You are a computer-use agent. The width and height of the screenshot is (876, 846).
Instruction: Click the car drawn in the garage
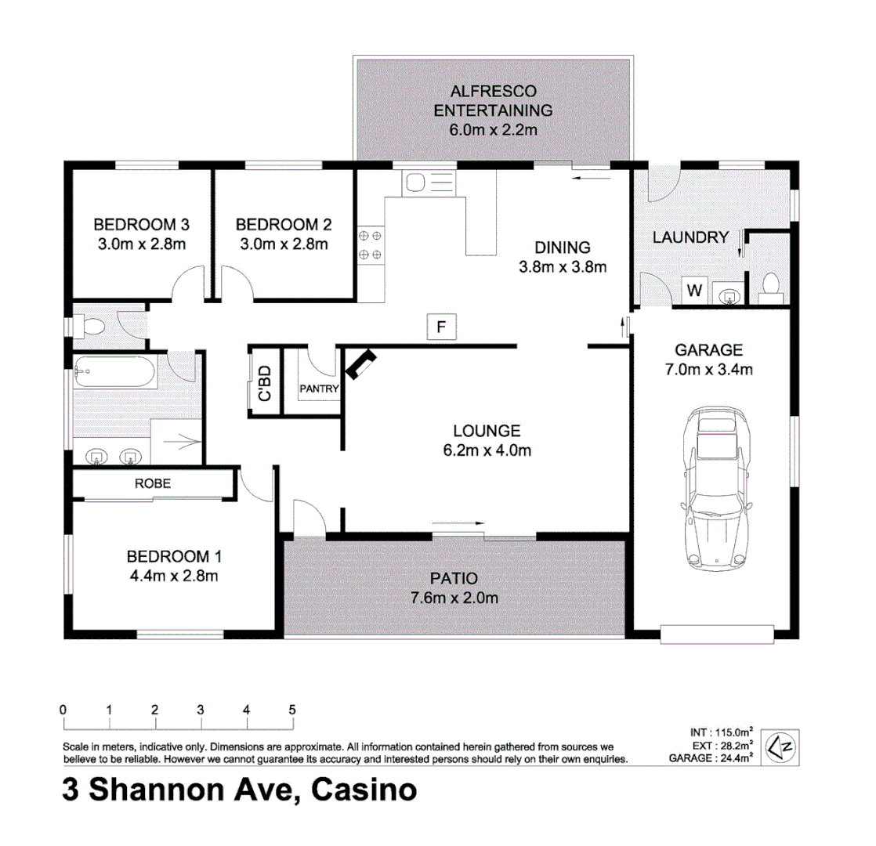click(x=716, y=490)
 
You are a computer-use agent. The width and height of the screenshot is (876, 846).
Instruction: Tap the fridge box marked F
click(x=440, y=327)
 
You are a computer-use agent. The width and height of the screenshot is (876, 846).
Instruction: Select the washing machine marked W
click(x=694, y=291)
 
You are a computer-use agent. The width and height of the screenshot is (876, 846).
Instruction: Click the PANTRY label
click(x=319, y=389)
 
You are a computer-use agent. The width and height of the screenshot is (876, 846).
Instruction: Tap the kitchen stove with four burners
click(x=371, y=244)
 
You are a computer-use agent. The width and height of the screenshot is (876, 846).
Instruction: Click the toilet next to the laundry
click(x=770, y=287)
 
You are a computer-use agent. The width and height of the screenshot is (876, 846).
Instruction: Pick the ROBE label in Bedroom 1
click(x=152, y=483)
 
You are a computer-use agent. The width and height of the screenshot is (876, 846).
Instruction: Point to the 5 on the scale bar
click(x=292, y=709)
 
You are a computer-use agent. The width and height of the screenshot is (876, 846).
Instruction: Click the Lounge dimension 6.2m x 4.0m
click(x=487, y=450)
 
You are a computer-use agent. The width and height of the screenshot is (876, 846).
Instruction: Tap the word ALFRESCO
click(x=493, y=90)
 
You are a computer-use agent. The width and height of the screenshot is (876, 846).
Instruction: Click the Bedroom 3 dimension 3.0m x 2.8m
click(x=141, y=243)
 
